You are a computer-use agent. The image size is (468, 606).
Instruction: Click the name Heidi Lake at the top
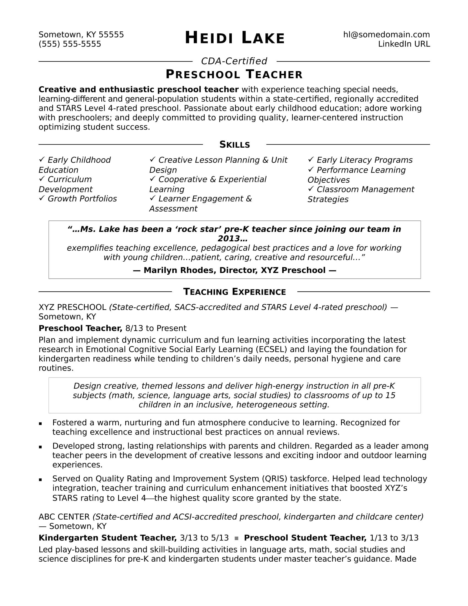235,38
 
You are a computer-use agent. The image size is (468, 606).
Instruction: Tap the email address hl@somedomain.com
386,35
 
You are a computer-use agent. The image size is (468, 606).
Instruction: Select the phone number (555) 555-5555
70,44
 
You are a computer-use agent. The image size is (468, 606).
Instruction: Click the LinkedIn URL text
404,44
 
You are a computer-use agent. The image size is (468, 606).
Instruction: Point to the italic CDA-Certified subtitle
234,61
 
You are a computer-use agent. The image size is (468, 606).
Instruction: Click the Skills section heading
235,145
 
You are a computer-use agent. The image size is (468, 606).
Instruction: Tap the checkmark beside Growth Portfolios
42,198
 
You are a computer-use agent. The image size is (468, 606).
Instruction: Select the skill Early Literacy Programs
364,160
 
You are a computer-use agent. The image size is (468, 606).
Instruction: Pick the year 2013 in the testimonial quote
229,239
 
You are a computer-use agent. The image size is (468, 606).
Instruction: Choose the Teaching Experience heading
235,292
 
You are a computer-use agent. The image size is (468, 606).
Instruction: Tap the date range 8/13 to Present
156,329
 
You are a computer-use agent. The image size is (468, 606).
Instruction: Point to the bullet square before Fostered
40,424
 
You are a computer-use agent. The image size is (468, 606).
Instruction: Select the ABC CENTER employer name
64,517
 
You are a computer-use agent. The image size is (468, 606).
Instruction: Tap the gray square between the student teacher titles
236,538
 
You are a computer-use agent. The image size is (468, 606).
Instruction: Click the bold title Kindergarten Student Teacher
108,538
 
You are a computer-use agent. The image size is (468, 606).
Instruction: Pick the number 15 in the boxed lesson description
390,395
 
